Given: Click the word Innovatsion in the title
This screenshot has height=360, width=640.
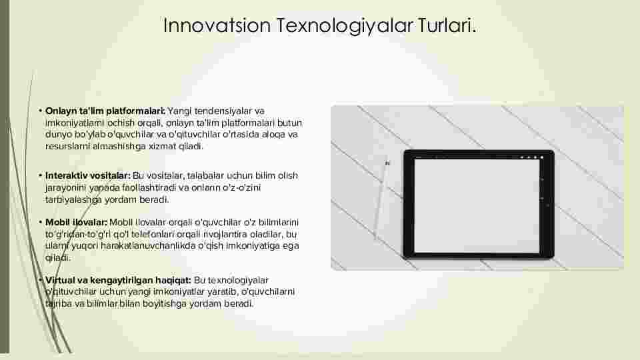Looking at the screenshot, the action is [x=217, y=25].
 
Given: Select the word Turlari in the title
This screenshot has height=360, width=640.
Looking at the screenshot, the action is [x=446, y=25].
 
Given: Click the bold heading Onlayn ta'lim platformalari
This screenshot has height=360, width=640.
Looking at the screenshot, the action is [x=105, y=111].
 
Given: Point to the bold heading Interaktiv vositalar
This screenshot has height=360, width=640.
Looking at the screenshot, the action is [x=88, y=175].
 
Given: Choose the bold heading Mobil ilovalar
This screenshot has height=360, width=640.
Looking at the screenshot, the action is [x=76, y=222].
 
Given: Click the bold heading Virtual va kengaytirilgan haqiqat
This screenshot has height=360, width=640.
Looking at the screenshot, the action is [x=118, y=281].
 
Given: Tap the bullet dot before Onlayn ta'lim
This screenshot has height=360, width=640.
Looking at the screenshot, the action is [x=41, y=111].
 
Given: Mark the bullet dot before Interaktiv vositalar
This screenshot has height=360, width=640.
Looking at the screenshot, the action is [x=41, y=175].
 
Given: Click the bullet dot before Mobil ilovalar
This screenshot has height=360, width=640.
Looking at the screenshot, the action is [x=41, y=222].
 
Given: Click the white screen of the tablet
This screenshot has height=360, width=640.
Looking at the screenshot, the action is [x=477, y=206].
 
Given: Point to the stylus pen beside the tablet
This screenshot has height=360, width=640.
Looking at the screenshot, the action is [x=381, y=199].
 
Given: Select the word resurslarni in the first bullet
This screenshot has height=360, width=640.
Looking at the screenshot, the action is [x=67, y=146].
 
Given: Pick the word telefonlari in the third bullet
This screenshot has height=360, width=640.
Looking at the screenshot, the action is [x=149, y=234].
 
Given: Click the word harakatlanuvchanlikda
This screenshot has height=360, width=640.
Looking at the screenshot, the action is [x=148, y=246].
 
